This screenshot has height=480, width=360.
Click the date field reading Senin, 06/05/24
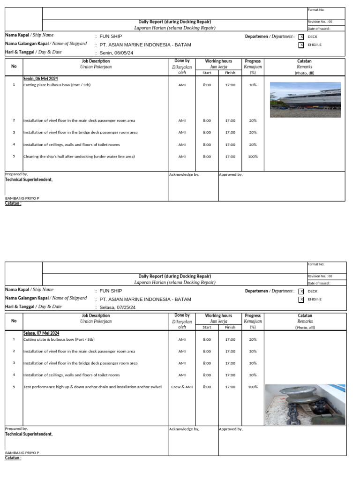116,53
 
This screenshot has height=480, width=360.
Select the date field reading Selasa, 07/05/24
118,307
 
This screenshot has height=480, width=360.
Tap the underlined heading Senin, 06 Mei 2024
41,79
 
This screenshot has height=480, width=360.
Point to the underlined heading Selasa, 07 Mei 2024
42,333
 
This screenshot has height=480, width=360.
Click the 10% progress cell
253,85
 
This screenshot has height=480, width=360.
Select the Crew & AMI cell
182,387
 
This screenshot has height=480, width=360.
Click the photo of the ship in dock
305,99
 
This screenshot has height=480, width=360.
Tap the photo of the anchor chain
305,404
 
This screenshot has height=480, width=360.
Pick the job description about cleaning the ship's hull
79,157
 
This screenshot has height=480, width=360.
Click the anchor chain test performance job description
92,387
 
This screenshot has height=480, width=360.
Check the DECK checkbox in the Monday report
301,37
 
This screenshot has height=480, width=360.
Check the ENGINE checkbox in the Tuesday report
301,300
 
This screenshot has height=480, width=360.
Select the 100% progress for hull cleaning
253,157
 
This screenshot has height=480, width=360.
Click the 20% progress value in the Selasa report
253,339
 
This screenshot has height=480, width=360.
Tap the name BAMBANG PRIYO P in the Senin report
22,198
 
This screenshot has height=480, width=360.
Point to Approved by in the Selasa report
231,429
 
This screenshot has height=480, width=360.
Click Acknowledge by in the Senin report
184,174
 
